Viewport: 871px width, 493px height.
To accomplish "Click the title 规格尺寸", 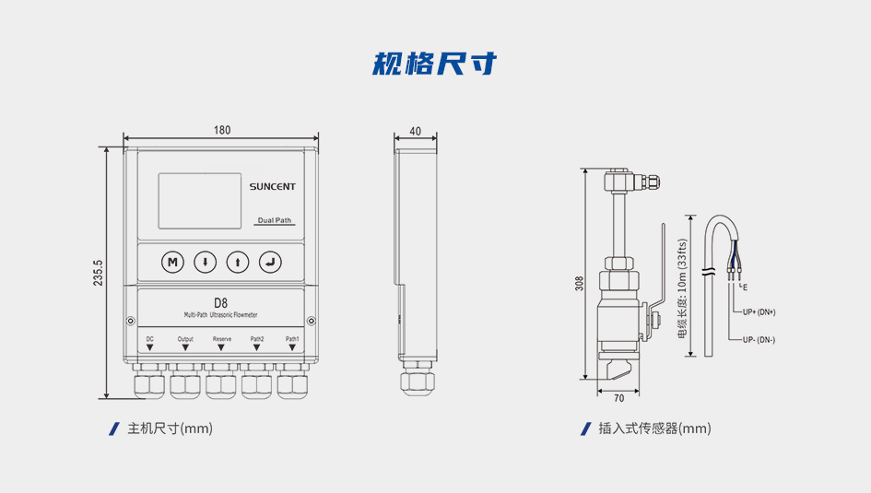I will (435, 64).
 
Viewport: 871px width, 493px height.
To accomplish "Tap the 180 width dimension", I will (222, 130).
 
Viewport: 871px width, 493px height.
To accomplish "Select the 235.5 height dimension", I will (99, 273).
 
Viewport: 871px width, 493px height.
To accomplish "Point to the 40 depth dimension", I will (415, 131).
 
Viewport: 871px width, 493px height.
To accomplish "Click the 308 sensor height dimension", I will (579, 284).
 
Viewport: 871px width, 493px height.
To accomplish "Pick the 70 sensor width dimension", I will (618, 398).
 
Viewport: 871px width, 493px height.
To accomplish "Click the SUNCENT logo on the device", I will (272, 186).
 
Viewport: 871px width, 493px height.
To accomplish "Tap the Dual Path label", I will (275, 221).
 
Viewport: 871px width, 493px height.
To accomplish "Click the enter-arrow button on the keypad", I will (269, 262).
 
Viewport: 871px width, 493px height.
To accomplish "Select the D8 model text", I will (220, 302).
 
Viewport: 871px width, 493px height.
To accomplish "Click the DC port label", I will (149, 339).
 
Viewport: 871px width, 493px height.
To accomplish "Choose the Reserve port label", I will (222, 339).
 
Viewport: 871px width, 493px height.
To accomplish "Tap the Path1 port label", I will (292, 339).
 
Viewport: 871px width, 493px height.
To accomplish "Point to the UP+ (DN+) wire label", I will (759, 311).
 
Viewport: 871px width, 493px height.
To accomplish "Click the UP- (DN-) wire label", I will (759, 340).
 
